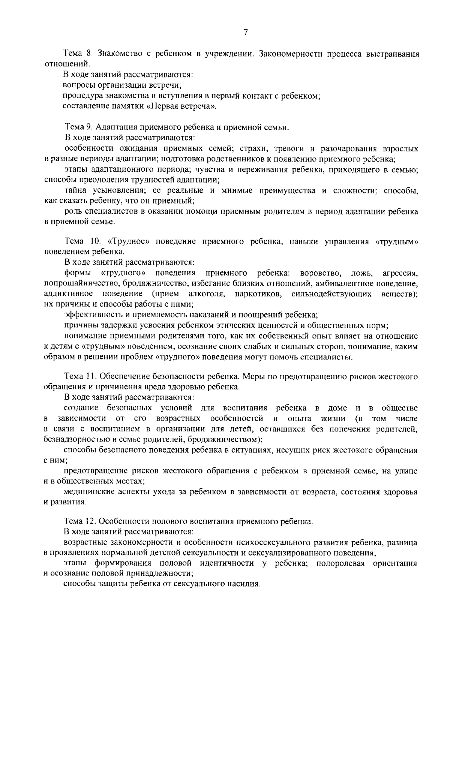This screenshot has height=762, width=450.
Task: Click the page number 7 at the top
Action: click(246, 32)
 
